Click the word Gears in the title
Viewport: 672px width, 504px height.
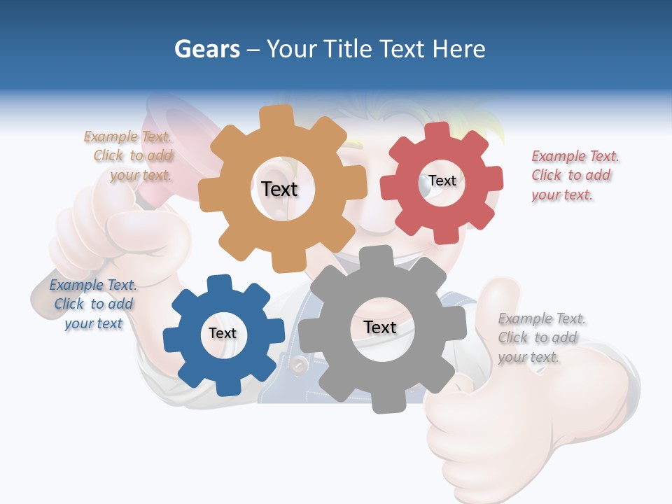(206, 50)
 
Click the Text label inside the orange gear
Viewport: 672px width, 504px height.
(279, 189)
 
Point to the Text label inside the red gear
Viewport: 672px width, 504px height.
(442, 181)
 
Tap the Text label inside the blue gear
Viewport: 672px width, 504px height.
(223, 333)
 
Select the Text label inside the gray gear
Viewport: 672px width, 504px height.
(380, 328)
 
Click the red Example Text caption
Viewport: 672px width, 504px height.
(575, 176)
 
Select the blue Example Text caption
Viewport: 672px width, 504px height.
(93, 304)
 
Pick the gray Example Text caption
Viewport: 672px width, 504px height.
(541, 338)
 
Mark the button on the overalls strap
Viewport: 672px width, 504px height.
(300, 364)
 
